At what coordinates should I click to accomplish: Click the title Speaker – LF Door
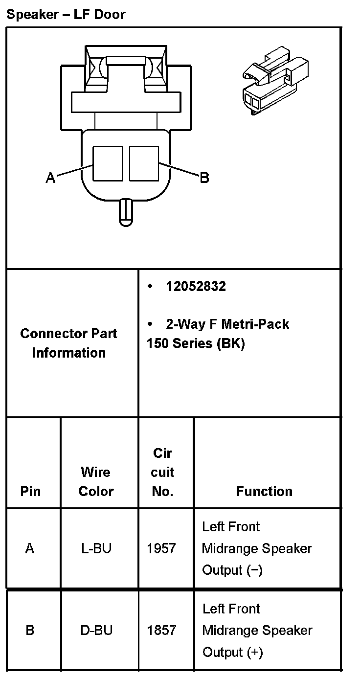click(66, 15)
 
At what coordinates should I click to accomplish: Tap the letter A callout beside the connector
click(50, 178)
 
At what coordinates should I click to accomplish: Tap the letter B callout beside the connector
click(204, 178)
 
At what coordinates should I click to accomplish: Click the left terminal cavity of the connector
click(108, 163)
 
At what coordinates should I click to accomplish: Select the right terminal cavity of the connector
click(144, 163)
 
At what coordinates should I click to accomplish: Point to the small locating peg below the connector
click(125, 212)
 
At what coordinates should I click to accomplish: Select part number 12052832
click(196, 287)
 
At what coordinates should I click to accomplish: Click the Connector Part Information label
click(68, 343)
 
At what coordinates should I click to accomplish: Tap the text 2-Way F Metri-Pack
click(227, 324)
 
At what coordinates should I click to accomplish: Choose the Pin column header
click(30, 491)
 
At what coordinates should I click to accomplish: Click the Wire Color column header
click(96, 482)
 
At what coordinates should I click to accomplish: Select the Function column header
click(264, 491)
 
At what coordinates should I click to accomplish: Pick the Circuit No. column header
click(163, 472)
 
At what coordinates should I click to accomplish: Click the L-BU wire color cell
click(96, 548)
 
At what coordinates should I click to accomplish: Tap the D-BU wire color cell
click(96, 630)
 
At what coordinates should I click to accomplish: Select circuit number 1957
click(161, 548)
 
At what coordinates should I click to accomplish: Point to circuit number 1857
click(161, 630)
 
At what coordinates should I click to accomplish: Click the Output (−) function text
click(232, 570)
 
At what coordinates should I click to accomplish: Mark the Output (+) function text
click(232, 652)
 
